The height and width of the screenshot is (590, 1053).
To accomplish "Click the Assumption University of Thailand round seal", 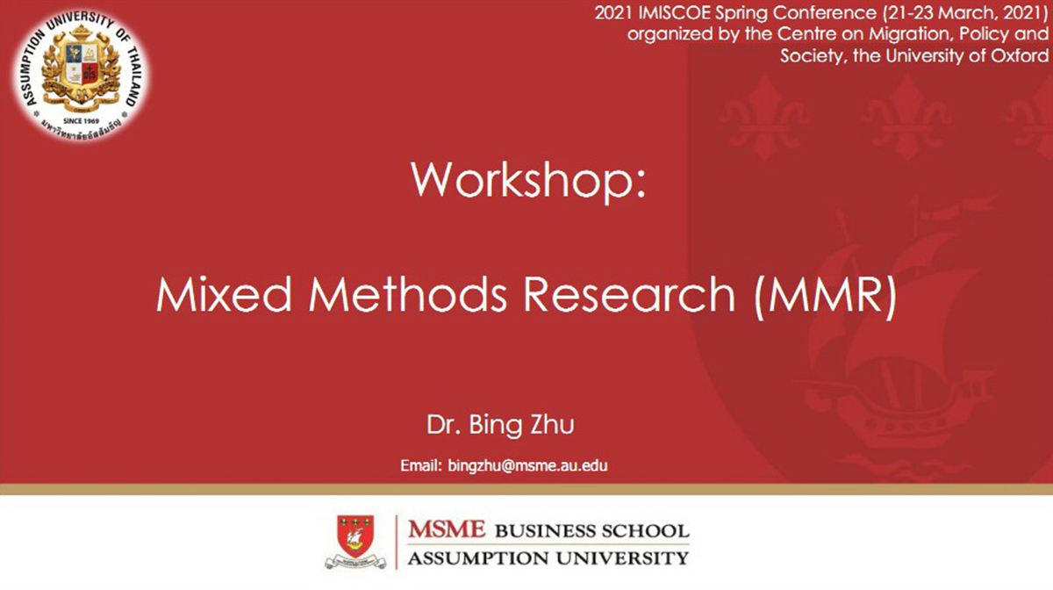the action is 81,76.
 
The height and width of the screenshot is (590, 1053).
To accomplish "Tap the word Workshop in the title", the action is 522,180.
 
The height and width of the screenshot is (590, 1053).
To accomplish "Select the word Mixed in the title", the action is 224,294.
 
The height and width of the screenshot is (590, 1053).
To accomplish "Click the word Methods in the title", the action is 407,294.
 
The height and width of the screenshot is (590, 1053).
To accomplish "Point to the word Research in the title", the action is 629,294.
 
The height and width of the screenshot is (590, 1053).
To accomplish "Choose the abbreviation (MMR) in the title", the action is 825,297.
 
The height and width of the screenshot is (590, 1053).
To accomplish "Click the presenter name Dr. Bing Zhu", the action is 500,425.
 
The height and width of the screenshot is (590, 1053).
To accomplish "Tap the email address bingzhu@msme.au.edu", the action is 527,466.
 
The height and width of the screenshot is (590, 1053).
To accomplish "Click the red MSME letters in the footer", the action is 446,529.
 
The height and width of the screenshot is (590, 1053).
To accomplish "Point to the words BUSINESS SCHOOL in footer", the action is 591,531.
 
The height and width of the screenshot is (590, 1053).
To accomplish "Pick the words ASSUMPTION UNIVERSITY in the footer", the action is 548,558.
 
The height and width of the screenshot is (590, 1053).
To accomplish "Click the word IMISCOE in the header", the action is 674,13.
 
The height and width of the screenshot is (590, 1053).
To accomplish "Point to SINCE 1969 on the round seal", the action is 82,121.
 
